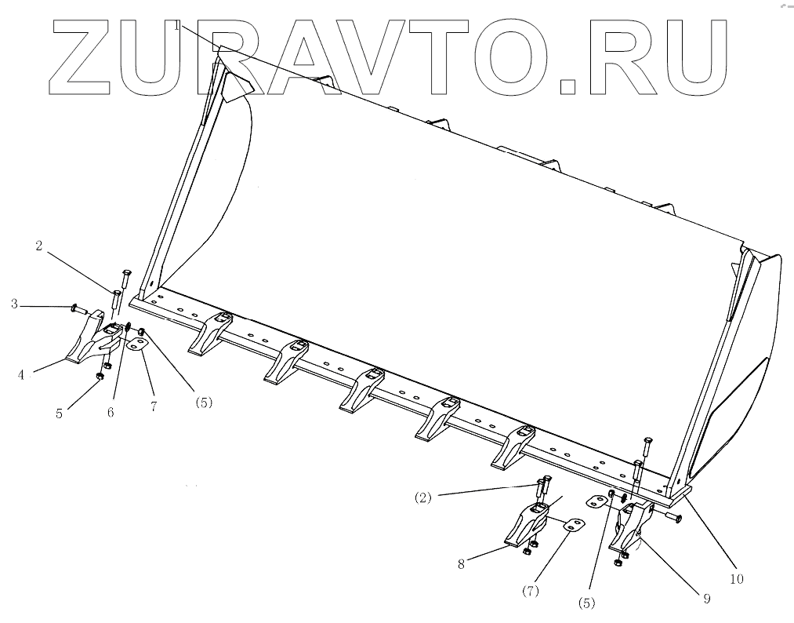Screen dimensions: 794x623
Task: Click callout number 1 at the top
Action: [178, 26]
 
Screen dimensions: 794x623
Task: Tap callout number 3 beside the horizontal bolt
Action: [14, 304]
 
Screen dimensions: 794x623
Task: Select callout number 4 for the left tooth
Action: [22, 374]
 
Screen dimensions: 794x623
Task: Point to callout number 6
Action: [111, 411]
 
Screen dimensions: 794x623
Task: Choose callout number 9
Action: [705, 598]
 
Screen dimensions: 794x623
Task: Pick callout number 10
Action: [736, 579]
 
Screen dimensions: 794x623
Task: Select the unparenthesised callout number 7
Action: [154, 406]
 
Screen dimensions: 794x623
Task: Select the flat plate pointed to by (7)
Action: [573, 524]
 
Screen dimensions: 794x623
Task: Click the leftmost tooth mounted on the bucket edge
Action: [210, 332]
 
